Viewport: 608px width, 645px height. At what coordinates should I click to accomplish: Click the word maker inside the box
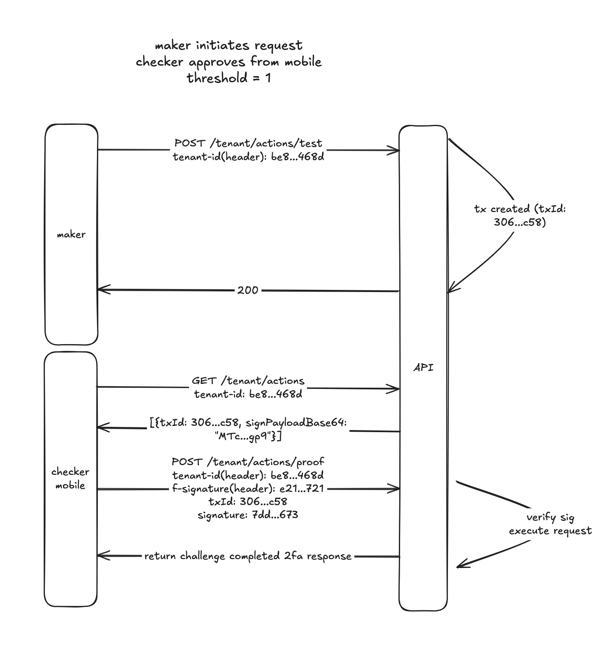[71, 234]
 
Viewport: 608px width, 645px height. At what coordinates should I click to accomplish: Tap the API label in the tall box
[423, 367]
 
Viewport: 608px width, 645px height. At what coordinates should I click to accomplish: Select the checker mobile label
[70, 478]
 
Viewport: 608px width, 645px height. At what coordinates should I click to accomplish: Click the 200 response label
[248, 290]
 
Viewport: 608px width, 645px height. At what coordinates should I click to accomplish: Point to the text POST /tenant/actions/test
[248, 143]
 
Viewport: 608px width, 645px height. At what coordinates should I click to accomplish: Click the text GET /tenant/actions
[248, 381]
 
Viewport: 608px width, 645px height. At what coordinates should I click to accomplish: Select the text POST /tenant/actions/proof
[248, 461]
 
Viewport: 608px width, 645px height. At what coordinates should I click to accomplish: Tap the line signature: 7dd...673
[248, 515]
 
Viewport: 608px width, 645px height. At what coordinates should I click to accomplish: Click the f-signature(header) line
[248, 488]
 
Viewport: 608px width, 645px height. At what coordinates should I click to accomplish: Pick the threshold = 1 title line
[229, 78]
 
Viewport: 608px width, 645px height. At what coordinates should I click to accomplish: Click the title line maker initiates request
[229, 45]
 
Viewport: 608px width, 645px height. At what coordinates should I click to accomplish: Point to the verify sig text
[550, 517]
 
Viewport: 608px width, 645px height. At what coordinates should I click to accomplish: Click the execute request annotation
[550, 531]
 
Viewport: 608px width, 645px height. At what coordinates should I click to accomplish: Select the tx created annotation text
[520, 215]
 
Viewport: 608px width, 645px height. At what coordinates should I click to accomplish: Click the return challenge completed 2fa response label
[248, 556]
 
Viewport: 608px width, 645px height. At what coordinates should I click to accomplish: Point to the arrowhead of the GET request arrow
[396, 389]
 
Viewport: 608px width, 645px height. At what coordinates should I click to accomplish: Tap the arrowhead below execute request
[460, 565]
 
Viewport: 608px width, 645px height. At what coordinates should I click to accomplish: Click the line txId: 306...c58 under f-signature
[248, 502]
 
